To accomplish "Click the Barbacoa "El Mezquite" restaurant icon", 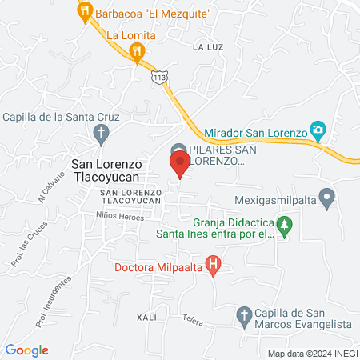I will point(84,12).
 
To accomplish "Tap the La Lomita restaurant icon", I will point(138,52).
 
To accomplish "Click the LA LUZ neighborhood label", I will point(207,47).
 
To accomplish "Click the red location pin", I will point(180,165).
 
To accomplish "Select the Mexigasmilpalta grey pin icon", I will point(326,196).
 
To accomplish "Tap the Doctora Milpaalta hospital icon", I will point(213,263).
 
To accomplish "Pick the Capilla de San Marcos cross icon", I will point(245,314).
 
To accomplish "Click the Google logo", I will point(27,350).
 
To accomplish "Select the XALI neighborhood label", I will point(146,317).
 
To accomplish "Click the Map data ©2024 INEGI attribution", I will point(311,353).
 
